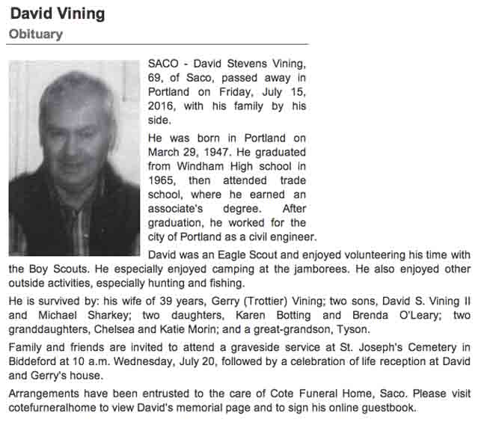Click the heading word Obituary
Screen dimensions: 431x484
pos(36,34)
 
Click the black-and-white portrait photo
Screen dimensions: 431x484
pos(74,158)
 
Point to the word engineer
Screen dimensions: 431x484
pos(295,237)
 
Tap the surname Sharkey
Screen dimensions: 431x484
pos(108,316)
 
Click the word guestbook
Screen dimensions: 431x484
pos(387,409)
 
